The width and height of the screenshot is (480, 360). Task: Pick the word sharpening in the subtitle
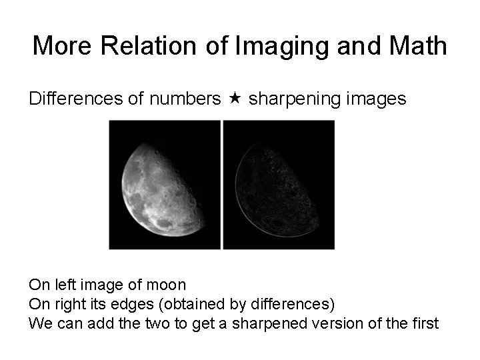click(289, 99)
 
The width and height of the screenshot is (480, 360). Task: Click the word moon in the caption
click(167, 285)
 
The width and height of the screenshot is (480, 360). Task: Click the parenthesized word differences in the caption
click(291, 305)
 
